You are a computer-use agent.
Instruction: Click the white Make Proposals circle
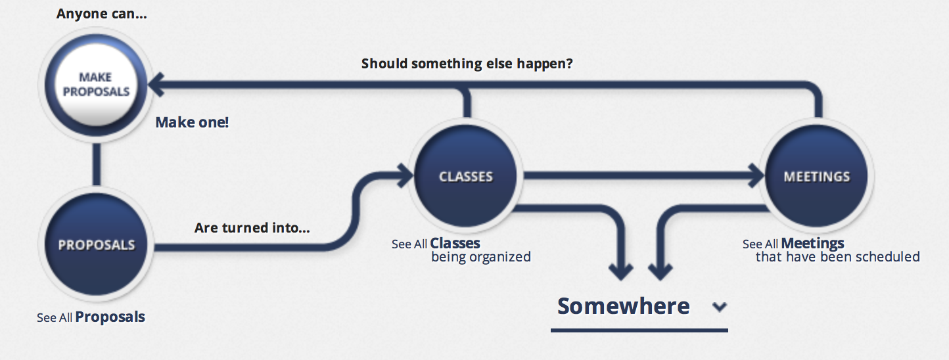tap(96, 85)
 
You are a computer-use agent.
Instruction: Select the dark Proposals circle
tap(96, 244)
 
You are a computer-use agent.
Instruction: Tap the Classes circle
tap(465, 176)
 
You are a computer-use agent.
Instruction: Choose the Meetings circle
tap(816, 176)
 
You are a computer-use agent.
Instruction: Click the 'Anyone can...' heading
tap(102, 14)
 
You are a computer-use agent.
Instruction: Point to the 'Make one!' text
tap(192, 122)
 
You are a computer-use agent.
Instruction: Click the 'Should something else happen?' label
tap(467, 64)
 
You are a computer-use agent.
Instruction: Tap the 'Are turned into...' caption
tap(252, 228)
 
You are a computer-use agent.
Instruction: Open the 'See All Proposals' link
tap(91, 317)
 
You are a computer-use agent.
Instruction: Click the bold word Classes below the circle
tap(455, 244)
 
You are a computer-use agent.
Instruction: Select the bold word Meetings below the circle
tap(812, 244)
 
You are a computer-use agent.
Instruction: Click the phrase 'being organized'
tap(481, 257)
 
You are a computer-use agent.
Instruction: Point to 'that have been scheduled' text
tap(837, 257)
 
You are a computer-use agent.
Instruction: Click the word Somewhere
tap(623, 305)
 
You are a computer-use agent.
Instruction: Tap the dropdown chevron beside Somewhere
tap(720, 307)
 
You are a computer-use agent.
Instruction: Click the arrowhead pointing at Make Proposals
tap(156, 85)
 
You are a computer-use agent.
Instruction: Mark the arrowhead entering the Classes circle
tap(405, 175)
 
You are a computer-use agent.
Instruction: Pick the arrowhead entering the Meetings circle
tap(756, 175)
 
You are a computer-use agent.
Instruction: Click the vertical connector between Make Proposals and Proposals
tap(97, 164)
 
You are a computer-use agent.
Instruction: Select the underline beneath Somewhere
tap(639, 330)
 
